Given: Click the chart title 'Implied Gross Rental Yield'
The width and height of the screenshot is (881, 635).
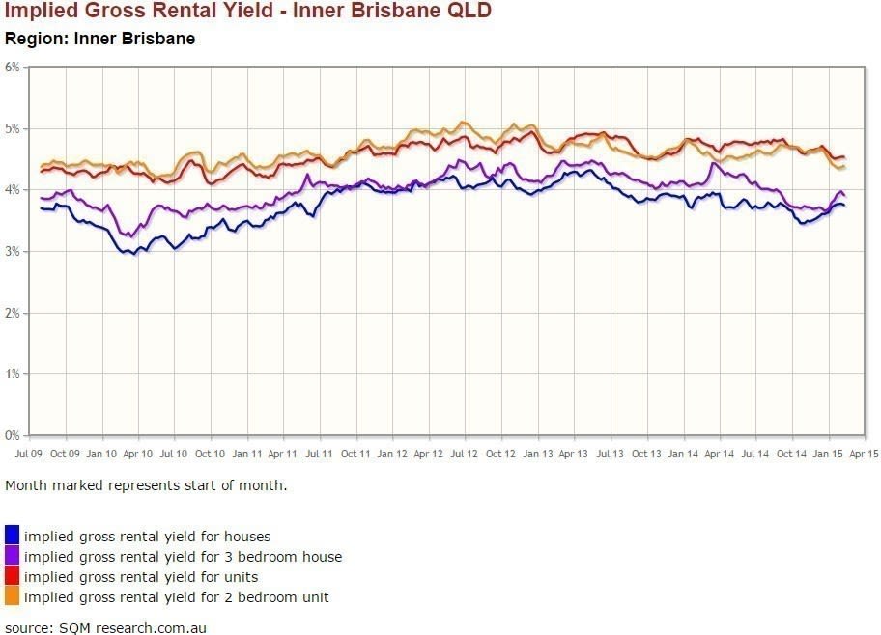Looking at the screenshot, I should tap(248, 13).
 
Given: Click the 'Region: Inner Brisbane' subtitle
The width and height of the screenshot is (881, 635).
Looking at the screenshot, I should tap(100, 40).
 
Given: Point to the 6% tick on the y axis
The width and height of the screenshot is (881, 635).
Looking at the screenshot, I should tap(13, 67).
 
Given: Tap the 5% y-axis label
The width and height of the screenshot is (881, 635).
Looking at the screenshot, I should tap(13, 128).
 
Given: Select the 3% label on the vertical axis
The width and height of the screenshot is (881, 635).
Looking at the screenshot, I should tap(13, 251).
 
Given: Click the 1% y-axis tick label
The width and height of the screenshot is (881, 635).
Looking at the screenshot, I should tap(13, 373).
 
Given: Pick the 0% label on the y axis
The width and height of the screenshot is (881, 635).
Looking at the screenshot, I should tap(13, 435).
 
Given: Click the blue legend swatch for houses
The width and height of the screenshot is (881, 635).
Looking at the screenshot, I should tap(13, 536).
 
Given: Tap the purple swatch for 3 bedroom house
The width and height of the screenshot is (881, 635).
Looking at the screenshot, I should tap(13, 556).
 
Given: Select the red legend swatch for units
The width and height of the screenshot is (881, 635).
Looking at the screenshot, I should tap(13, 576).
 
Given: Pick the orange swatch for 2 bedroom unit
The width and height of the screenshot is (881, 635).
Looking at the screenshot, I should tap(13, 596).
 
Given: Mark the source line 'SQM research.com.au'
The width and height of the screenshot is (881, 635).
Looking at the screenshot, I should tap(105, 627).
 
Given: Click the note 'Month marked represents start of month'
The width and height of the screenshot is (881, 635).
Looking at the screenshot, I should tap(145, 485).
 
